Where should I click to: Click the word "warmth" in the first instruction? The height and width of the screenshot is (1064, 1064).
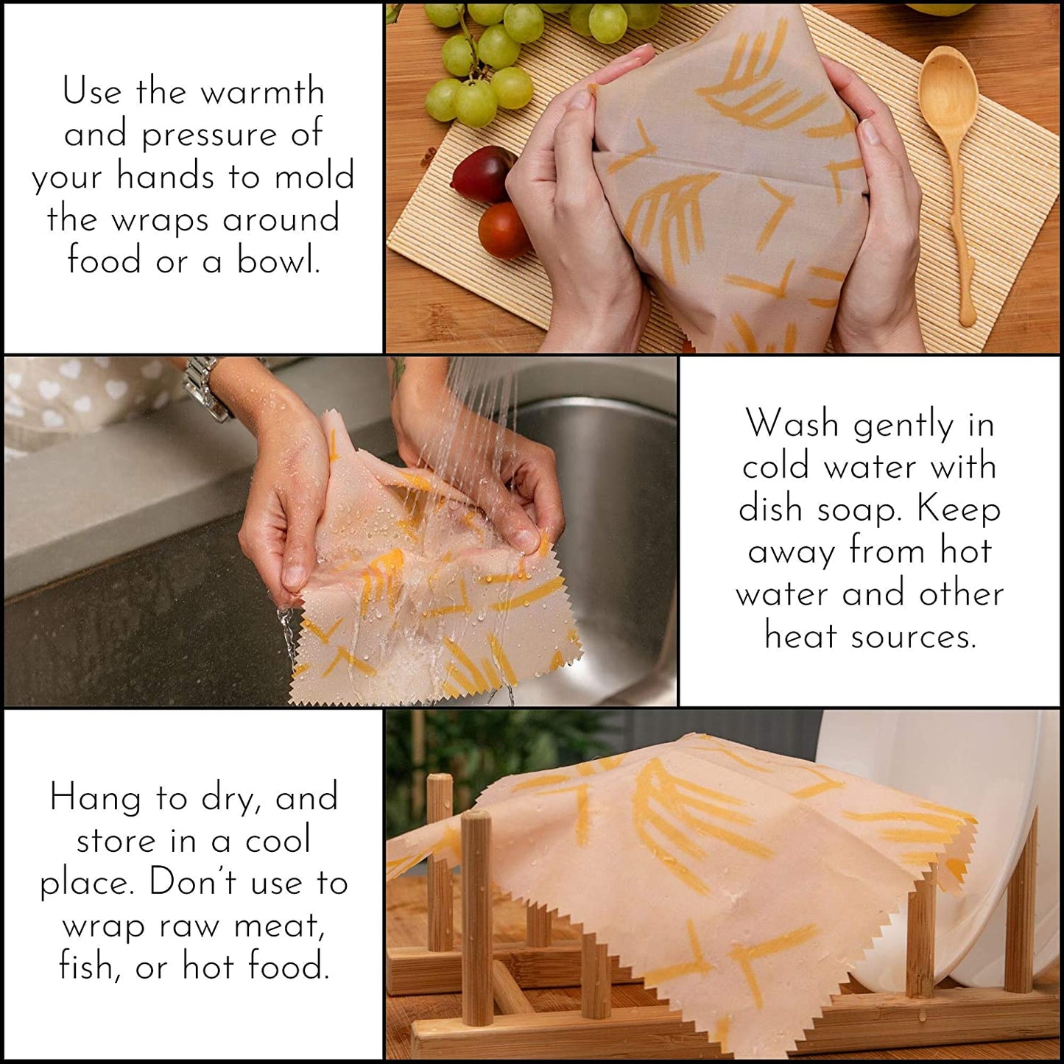coord(262,92)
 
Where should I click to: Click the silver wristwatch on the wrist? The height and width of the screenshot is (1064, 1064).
coord(205,387)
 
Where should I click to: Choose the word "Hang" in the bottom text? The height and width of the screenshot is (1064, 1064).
coord(95,798)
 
